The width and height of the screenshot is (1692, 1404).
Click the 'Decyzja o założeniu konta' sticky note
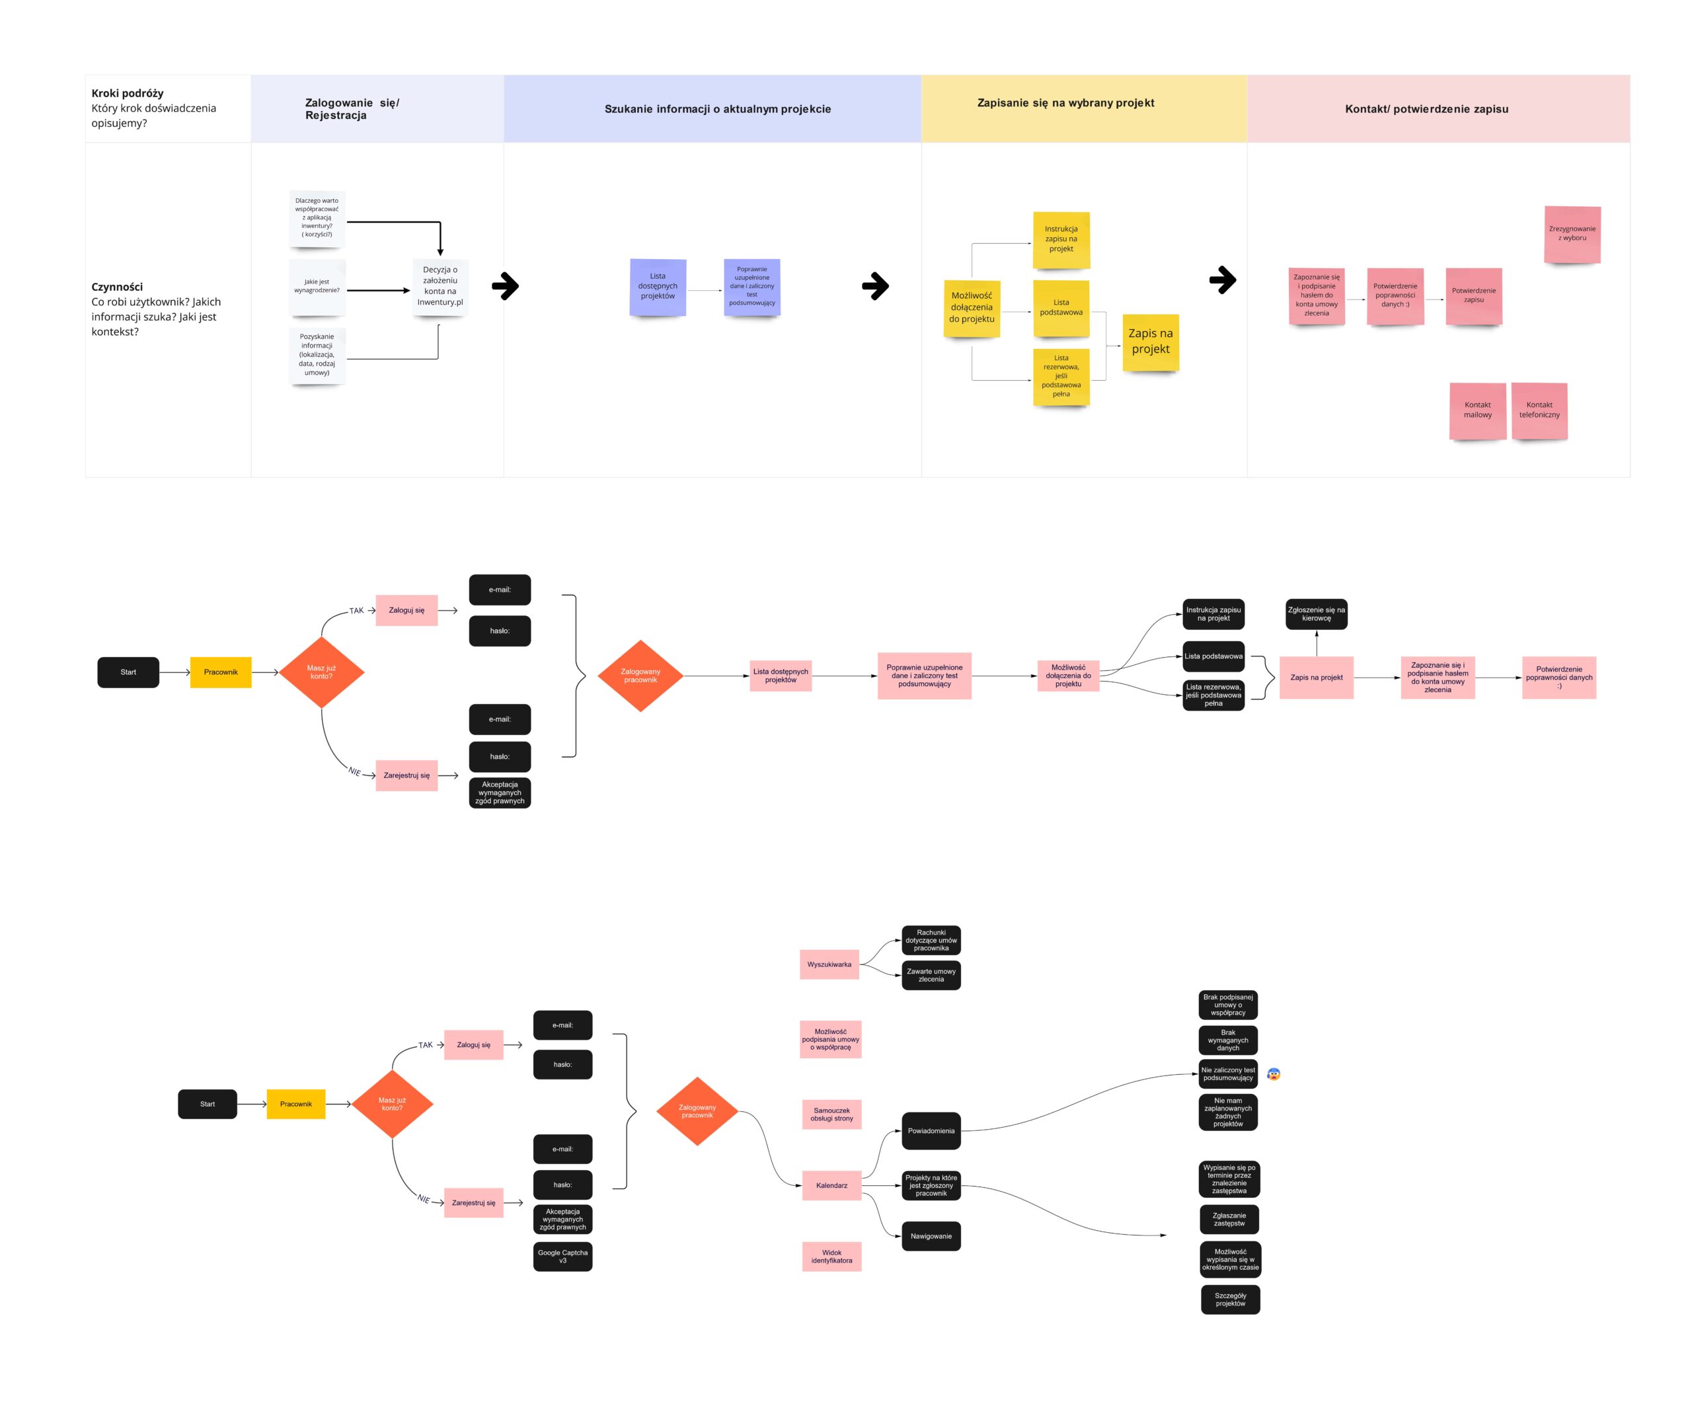tap(440, 286)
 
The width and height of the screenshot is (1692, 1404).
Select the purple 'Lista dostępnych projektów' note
tap(658, 286)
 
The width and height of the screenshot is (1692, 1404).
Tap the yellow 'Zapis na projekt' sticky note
tap(1151, 342)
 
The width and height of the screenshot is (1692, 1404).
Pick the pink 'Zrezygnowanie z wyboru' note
tap(1572, 234)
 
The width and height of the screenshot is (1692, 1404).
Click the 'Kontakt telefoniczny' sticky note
tap(1539, 410)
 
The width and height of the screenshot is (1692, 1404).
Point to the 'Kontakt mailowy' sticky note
tap(1478, 410)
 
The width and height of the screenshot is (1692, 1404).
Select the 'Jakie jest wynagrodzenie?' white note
tap(317, 286)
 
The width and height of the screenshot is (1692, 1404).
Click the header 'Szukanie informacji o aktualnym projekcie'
tap(717, 109)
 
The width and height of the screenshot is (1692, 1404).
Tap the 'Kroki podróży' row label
tap(128, 93)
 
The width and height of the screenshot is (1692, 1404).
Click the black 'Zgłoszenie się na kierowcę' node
tap(1317, 614)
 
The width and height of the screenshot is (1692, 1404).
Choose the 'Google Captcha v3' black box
tap(562, 1257)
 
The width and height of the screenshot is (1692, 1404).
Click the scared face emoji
tap(1274, 1073)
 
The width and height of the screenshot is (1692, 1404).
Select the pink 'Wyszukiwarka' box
tap(829, 964)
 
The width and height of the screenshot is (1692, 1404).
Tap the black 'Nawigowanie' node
tap(931, 1236)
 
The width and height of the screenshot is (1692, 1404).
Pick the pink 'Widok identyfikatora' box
tap(831, 1257)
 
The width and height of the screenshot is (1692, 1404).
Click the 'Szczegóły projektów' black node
tap(1230, 1299)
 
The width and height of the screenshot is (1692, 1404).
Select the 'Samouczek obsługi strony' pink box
tap(831, 1114)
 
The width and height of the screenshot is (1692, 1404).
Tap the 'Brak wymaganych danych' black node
tap(1228, 1040)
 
